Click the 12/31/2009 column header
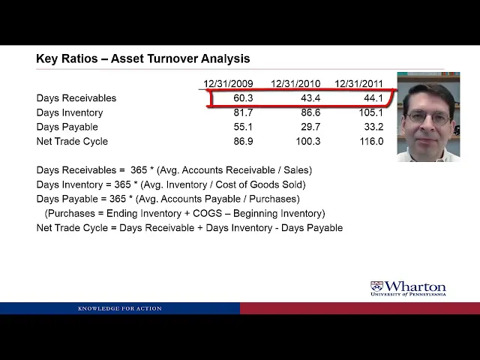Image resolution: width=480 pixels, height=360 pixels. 228,83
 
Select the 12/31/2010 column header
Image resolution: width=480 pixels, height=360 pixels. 295,83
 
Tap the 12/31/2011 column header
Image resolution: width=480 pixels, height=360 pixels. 358,83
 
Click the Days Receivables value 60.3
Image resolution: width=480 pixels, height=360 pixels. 243,98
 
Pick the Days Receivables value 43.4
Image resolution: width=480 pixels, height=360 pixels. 310,98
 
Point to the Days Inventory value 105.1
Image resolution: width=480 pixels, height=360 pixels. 370,112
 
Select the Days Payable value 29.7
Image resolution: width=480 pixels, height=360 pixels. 310,127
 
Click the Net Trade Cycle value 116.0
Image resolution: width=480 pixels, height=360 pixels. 371,142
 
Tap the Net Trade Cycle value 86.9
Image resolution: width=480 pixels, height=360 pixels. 243,142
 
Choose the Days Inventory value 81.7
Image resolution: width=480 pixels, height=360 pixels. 243,112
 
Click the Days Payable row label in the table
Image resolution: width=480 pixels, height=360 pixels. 67,127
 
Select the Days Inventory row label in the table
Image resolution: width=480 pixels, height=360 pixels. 70,112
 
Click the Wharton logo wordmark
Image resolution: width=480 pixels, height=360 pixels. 415,286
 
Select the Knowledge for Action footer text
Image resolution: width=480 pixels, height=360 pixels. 120,308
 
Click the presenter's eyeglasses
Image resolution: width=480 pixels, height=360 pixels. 429,117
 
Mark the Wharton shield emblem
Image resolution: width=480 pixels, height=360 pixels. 376,286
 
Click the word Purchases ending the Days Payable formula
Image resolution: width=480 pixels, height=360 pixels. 273,199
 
